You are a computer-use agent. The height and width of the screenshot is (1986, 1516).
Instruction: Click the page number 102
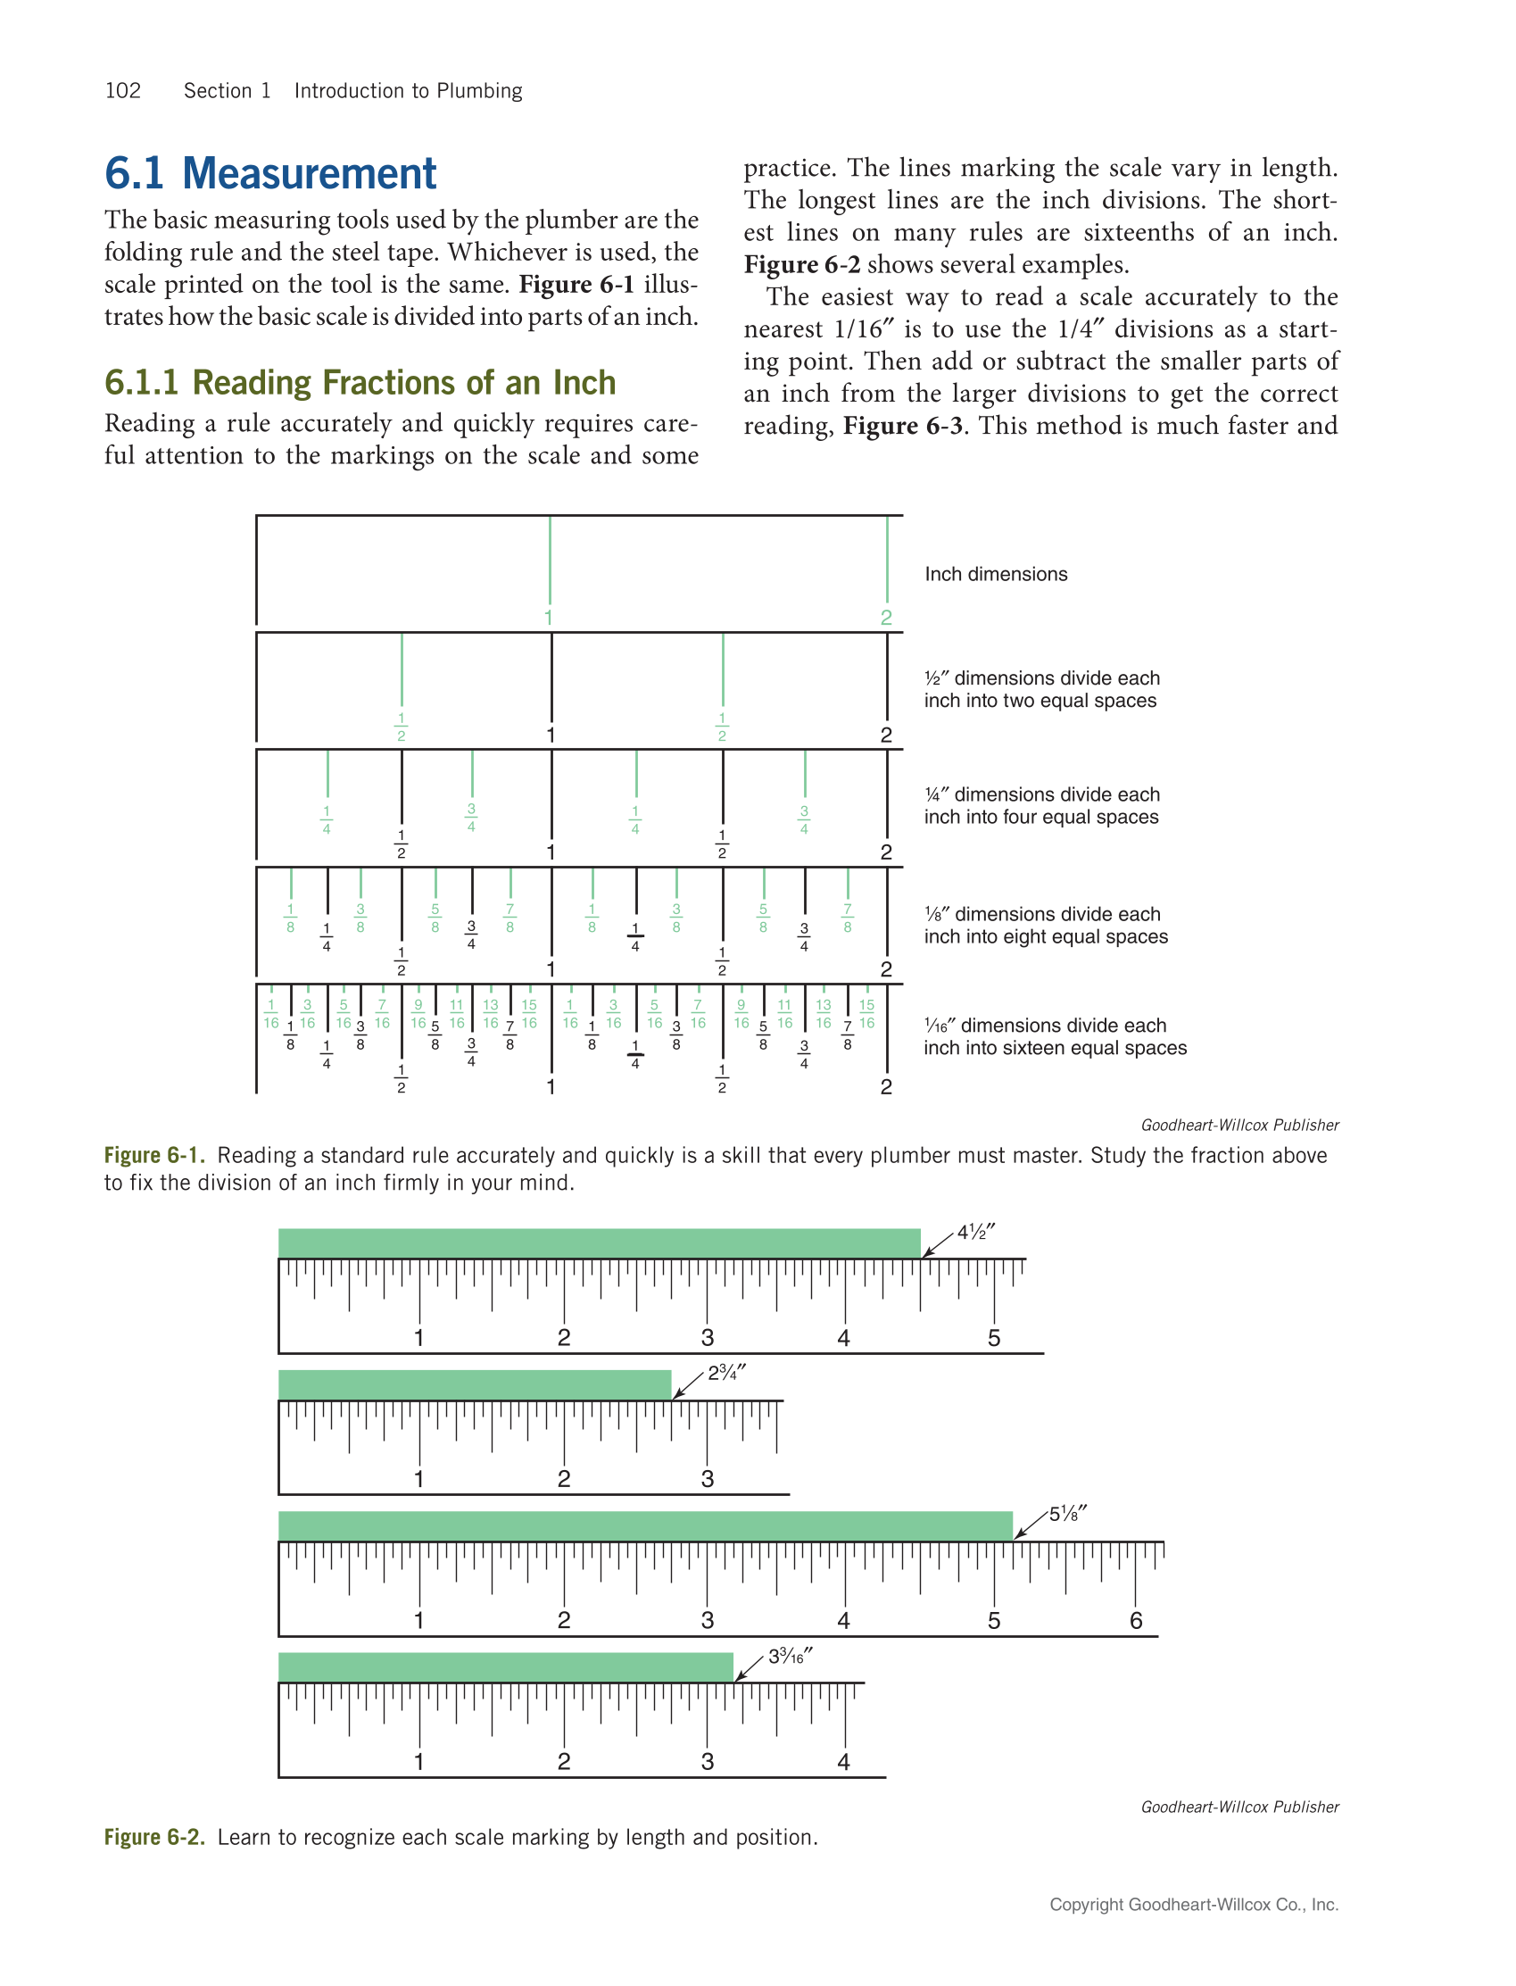point(123,91)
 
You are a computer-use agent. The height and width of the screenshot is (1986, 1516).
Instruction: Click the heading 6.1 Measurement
point(269,173)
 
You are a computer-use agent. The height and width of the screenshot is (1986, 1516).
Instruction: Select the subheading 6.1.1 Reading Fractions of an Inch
point(360,383)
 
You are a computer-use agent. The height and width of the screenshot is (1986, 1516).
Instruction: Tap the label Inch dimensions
point(995,574)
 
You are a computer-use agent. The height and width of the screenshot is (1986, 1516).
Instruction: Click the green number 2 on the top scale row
point(886,618)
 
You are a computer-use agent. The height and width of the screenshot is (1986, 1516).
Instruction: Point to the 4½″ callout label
point(974,1233)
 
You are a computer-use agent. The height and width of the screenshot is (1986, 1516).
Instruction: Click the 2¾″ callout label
point(725,1373)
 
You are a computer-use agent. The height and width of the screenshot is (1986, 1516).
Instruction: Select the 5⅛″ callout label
point(1067,1514)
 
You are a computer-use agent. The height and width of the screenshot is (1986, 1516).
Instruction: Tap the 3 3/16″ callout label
point(790,1657)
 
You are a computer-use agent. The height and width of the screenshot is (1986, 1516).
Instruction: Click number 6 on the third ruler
point(1136,1620)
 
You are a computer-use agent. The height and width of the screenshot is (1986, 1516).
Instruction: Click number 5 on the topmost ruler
point(993,1338)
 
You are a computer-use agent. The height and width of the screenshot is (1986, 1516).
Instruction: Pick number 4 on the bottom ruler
point(843,1761)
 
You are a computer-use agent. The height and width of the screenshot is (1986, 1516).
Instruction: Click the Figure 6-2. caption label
point(154,1837)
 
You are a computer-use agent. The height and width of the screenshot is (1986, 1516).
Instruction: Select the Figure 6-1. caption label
point(154,1156)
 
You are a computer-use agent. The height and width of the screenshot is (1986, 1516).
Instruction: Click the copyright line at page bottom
point(1193,1904)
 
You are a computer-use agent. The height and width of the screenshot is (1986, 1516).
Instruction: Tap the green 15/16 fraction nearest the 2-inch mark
point(866,1014)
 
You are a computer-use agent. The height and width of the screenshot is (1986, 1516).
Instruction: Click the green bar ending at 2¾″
point(475,1384)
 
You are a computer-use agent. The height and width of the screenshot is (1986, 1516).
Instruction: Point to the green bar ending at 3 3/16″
point(505,1667)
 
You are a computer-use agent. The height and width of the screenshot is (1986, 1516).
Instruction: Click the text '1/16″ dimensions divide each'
point(1044,1026)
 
